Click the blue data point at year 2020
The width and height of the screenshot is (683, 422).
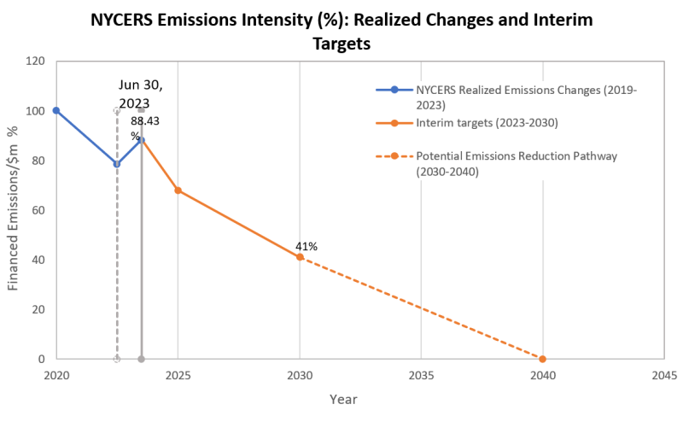pyautogui.click(x=56, y=110)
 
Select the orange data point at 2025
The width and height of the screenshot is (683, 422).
pyautogui.click(x=178, y=190)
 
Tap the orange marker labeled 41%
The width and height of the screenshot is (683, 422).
pyautogui.click(x=300, y=257)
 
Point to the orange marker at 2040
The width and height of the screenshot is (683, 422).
pyautogui.click(x=542, y=359)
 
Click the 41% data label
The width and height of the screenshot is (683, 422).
pyautogui.click(x=306, y=246)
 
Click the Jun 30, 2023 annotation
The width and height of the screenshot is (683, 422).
pyautogui.click(x=140, y=94)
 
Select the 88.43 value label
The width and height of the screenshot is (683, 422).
pyautogui.click(x=144, y=121)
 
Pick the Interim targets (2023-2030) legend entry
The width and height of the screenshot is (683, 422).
pyautogui.click(x=486, y=123)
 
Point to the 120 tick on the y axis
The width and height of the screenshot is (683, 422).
pyautogui.click(x=35, y=62)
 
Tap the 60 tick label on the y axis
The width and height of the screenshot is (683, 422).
pyautogui.click(x=38, y=210)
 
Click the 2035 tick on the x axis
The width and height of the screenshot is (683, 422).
pyautogui.click(x=421, y=375)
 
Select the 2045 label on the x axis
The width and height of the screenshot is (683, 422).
pyautogui.click(x=663, y=375)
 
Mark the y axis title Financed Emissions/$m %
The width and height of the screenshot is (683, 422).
pyautogui.click(x=14, y=210)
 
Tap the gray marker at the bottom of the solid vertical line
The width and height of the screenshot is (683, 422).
pyautogui.click(x=141, y=359)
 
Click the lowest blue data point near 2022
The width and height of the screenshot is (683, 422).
pyautogui.click(x=117, y=164)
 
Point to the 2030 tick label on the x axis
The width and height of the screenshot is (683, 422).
pyautogui.click(x=300, y=375)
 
